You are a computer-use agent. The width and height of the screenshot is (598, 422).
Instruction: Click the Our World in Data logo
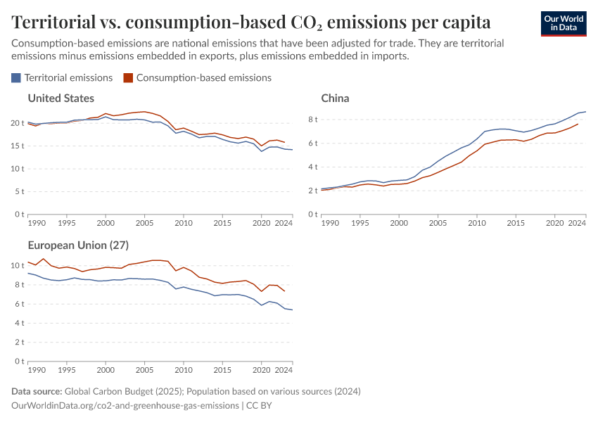click(563, 23)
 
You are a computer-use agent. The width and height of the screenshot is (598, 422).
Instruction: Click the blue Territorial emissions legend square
click(16, 78)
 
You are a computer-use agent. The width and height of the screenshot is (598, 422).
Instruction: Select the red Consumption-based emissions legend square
click(127, 78)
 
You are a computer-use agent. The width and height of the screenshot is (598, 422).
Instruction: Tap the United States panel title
click(61, 98)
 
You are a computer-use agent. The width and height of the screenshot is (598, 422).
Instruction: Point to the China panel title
click(335, 98)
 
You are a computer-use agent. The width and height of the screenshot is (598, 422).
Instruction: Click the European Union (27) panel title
click(77, 245)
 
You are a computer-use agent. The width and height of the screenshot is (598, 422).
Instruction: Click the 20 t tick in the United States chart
click(18, 123)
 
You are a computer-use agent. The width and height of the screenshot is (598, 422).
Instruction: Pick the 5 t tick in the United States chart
click(20, 191)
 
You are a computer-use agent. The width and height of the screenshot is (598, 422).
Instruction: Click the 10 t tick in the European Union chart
click(18, 265)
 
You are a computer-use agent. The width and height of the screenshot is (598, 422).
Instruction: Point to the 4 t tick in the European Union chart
click(20, 323)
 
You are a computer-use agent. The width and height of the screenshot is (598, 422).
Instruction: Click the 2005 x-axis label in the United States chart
click(144, 222)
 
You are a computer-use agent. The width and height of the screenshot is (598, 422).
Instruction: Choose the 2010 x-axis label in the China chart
click(477, 222)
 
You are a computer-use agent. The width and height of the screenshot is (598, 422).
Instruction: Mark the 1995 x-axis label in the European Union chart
click(66, 369)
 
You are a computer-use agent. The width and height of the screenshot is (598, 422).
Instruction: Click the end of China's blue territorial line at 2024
click(585, 111)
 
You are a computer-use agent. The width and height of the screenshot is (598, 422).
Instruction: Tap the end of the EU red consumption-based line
click(285, 291)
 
